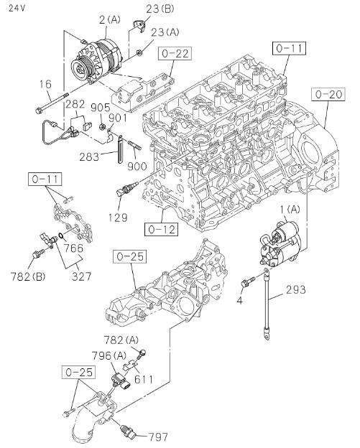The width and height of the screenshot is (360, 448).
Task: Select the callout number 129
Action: point(118,217)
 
